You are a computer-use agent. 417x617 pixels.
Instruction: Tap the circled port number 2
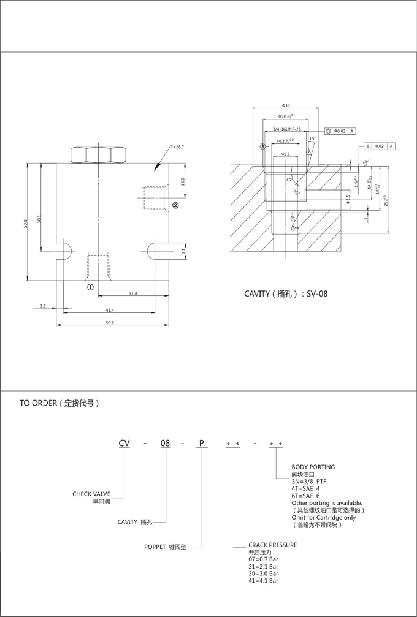tap(175, 206)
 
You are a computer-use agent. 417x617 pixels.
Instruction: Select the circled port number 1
tap(90, 286)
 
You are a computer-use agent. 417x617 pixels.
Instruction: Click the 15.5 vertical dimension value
tap(183, 182)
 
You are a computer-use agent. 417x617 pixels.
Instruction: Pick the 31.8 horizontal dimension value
tap(133, 294)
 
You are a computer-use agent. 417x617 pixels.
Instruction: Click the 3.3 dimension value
tap(42, 305)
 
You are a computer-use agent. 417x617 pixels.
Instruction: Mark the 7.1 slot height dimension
tap(183, 251)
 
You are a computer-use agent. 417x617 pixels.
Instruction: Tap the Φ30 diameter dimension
tap(286, 106)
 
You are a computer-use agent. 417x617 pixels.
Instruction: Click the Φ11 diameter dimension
tap(285, 153)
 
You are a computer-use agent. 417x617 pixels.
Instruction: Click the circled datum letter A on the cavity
tap(262, 146)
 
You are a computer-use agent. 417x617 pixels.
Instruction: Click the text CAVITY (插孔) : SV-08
tap(286, 293)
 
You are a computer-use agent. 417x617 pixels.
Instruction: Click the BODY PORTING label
tap(313, 467)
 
